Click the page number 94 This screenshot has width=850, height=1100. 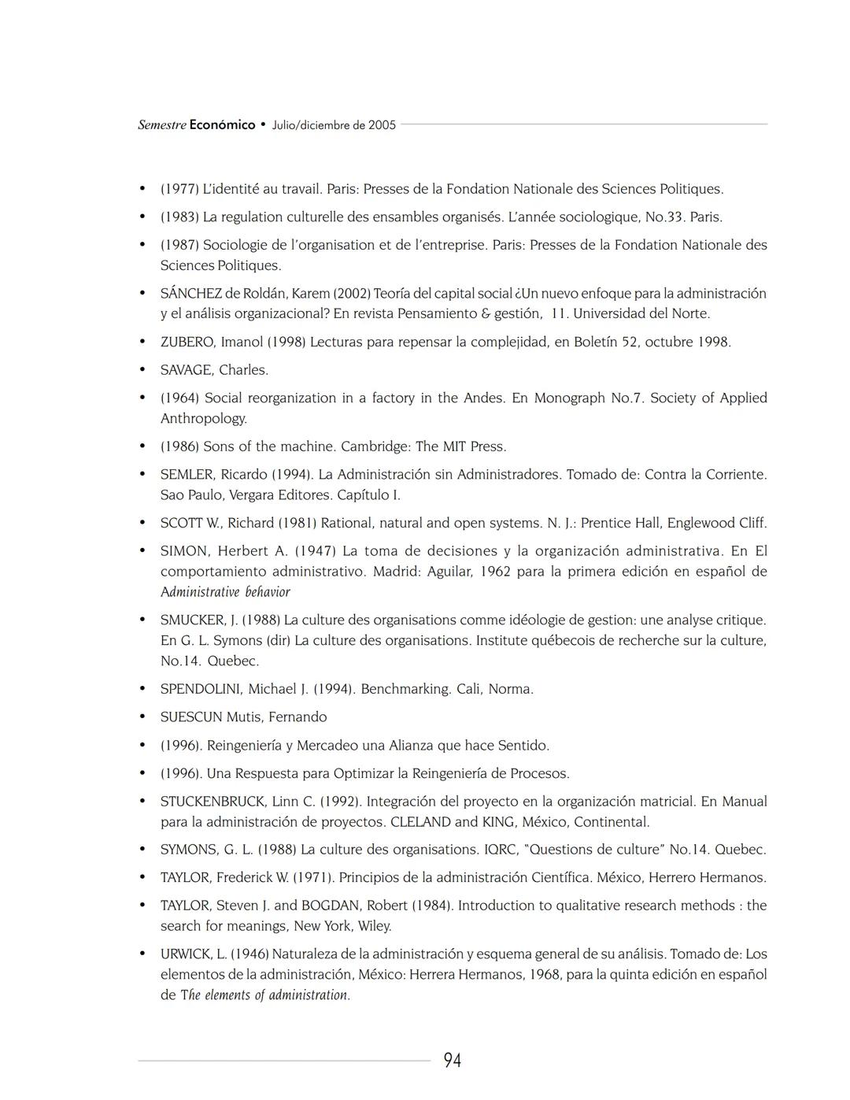coord(452,1061)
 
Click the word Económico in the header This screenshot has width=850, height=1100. coord(222,124)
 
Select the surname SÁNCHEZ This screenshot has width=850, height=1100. coord(191,294)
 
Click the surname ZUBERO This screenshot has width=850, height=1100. coord(188,342)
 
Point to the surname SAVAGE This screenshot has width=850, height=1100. coord(187,370)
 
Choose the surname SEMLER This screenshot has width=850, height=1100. coord(188,475)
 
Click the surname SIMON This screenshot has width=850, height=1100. coord(185,551)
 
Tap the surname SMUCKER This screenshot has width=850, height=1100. coord(193,620)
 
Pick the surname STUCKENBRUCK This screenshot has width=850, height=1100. coord(213,802)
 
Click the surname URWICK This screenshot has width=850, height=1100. coord(187,954)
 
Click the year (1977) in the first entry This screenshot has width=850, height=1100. coord(179,189)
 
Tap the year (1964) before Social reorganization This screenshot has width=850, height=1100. coord(179,398)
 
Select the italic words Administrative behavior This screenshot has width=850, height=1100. coord(225,592)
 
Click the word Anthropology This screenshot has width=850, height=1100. coord(203,419)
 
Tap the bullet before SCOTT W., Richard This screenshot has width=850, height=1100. coord(142,523)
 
